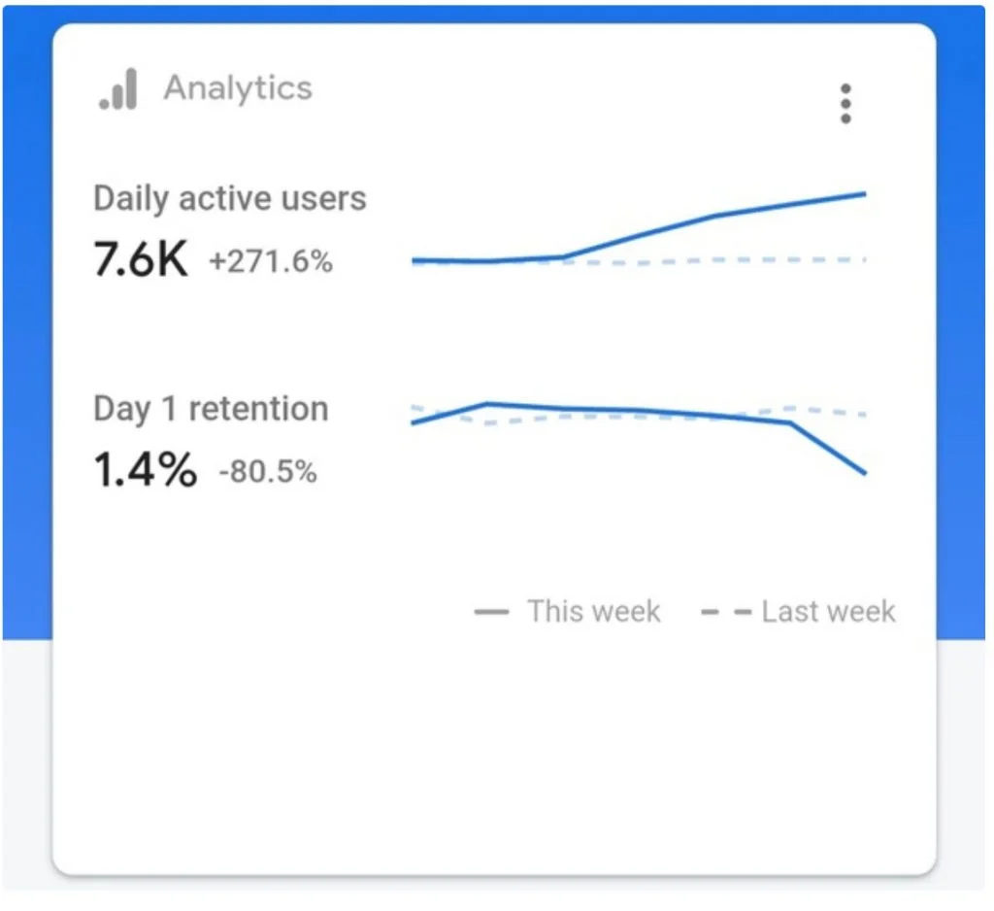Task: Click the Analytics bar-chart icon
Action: [x=118, y=89]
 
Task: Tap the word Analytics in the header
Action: [x=238, y=88]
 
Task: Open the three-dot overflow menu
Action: [x=845, y=103]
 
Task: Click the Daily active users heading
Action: [x=229, y=198]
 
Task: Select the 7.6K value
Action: [x=141, y=259]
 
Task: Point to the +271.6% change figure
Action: [x=271, y=260]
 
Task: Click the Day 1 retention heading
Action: [x=211, y=409]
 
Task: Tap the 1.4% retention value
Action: [x=146, y=469]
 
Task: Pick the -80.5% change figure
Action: [x=268, y=471]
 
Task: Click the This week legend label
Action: [x=593, y=612]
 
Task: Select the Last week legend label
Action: [x=828, y=612]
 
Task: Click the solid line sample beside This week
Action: [x=491, y=612]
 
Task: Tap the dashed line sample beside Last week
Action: [x=726, y=612]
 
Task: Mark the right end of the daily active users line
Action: [x=865, y=194]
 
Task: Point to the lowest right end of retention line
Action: [x=865, y=473]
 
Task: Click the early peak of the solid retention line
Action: [x=487, y=403]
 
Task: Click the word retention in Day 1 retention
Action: [x=258, y=409]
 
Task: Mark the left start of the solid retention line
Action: [x=413, y=422]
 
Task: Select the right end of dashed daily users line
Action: [x=865, y=259]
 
